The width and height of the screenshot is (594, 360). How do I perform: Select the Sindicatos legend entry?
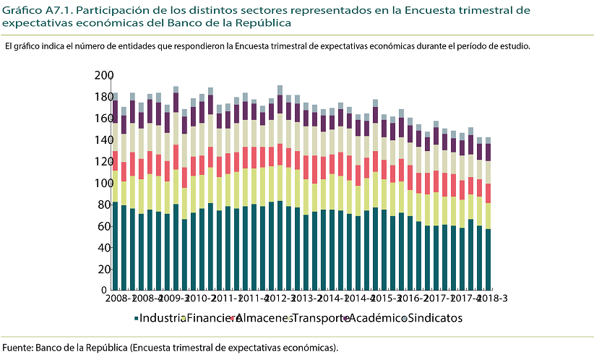[x=433, y=318]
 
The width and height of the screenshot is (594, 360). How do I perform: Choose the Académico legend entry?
[x=376, y=318]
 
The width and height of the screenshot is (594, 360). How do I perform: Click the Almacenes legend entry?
[x=262, y=318]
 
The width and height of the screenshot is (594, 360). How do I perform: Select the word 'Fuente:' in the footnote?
[x=17, y=348]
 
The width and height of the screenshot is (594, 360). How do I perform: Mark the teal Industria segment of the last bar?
[x=488, y=260]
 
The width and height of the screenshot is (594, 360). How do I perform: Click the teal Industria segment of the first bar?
[x=115, y=246]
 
